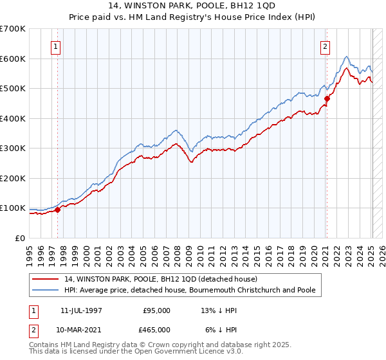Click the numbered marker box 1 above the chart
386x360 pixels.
point(56,46)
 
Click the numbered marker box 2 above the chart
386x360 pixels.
point(326,46)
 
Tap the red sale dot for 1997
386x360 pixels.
point(58,209)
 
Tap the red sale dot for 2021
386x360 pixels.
point(327,98)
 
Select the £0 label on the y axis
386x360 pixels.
point(21,238)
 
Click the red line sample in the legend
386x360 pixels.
point(44,279)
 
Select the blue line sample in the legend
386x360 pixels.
point(44,291)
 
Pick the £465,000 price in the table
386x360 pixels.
point(157,328)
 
